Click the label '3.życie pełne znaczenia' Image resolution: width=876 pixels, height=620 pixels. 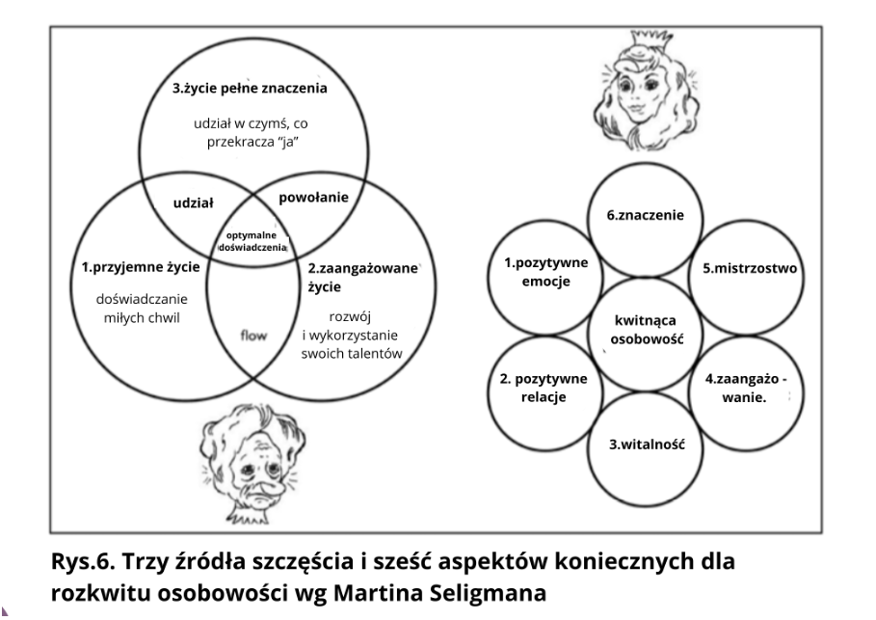click(x=250, y=89)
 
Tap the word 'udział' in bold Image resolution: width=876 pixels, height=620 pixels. click(x=194, y=202)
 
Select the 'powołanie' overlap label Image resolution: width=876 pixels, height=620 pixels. click(x=313, y=198)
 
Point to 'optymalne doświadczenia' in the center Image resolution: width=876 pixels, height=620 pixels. click(x=252, y=241)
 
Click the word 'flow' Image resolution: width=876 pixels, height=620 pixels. click(x=253, y=336)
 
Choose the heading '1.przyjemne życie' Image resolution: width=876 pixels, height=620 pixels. click(x=141, y=267)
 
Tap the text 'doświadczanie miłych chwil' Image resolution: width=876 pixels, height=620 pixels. click(x=142, y=308)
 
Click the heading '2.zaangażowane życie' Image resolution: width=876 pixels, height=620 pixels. click(x=362, y=278)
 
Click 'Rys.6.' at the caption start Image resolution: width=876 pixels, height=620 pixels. click(x=83, y=561)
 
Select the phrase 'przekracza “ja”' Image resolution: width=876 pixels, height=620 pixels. click(x=253, y=142)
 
